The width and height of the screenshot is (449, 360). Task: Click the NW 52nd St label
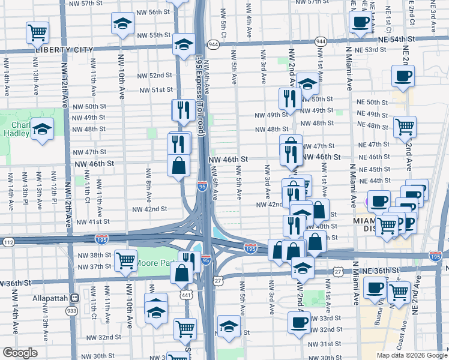pyautogui.click(x=154, y=76)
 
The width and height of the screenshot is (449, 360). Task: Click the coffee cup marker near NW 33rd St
pyautogui.click(x=299, y=322)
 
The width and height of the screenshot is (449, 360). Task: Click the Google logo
pyautogui.click(x=20, y=353)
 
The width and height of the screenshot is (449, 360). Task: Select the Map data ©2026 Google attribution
pyautogui.click(x=411, y=355)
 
